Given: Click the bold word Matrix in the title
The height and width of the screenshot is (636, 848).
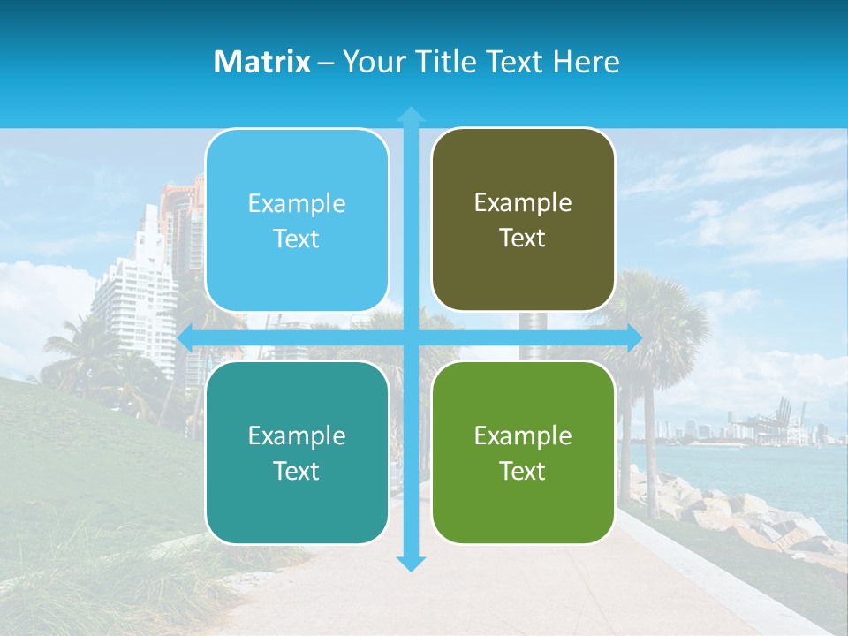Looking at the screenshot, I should click(x=261, y=62).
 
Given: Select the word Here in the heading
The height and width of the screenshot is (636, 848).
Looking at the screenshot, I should click(x=587, y=62).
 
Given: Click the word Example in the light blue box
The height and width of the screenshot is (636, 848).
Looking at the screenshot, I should click(x=297, y=204).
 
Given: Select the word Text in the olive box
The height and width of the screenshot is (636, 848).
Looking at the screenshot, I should click(x=523, y=238).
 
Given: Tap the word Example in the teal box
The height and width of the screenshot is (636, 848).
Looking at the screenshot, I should click(x=297, y=435).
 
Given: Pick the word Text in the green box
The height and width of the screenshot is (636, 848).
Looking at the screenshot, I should click(x=523, y=471).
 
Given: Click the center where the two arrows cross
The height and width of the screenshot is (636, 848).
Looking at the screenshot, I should click(x=411, y=337).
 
